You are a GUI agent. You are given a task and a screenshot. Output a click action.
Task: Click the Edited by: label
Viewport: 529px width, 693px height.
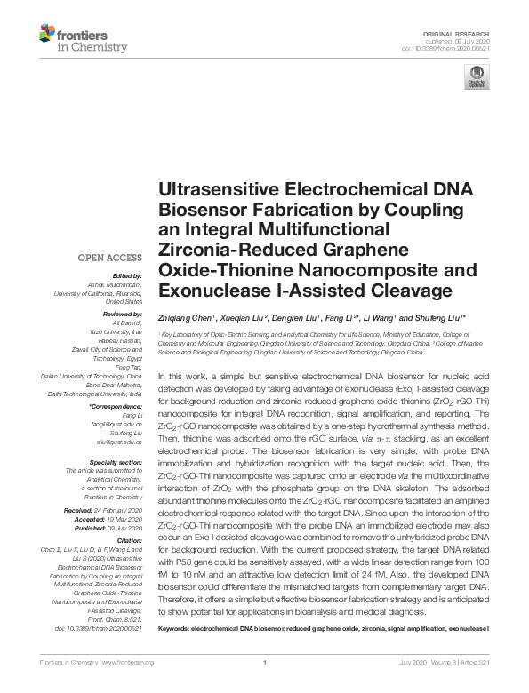126,276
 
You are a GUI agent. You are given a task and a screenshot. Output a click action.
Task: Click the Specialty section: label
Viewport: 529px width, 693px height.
116,463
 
